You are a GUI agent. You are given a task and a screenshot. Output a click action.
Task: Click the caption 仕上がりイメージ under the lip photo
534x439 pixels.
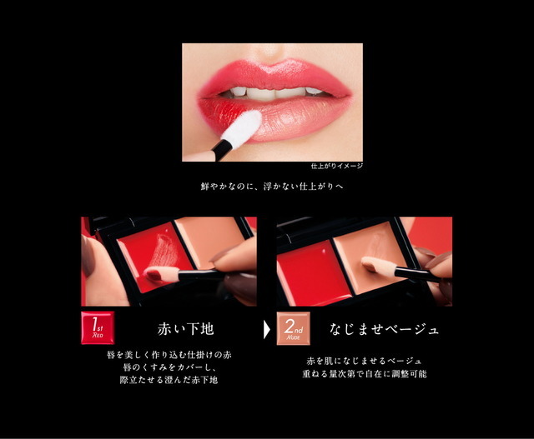tap(336, 166)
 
